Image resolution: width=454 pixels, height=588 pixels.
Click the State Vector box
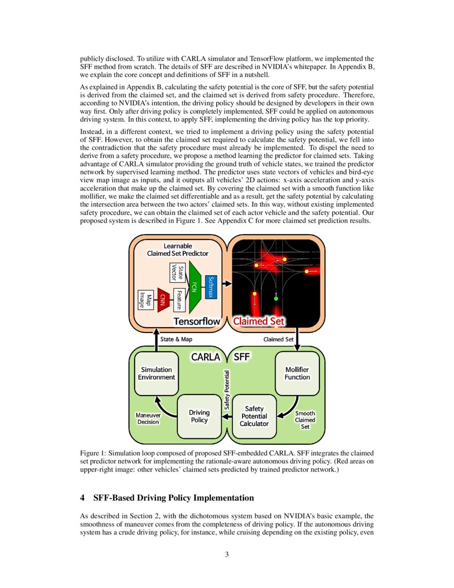177,273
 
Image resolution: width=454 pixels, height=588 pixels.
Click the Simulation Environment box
156,373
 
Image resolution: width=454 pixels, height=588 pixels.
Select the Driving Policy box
199,416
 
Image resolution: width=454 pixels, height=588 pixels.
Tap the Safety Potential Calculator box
254,416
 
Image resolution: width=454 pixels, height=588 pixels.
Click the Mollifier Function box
297,373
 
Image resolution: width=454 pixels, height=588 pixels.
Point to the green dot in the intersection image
276,299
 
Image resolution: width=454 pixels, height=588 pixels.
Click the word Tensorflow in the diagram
197,321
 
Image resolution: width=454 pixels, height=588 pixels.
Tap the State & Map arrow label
176,339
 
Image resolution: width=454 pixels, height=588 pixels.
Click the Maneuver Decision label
148,418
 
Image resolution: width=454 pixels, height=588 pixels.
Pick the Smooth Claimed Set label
305,420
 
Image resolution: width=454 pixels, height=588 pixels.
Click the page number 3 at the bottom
227,554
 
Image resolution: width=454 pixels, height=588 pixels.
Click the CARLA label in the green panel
206,356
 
